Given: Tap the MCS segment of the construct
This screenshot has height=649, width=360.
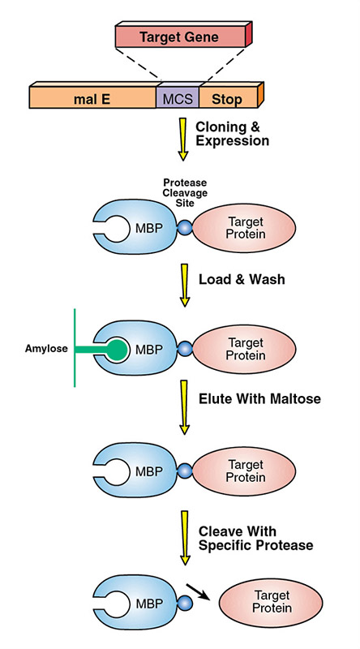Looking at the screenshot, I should (x=177, y=98).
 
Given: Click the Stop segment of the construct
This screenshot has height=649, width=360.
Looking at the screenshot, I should (x=227, y=98).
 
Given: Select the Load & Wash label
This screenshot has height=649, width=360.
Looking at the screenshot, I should (x=241, y=279).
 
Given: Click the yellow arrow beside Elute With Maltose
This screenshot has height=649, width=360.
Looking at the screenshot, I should (x=183, y=414).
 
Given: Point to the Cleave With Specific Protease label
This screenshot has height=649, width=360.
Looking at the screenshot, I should (x=255, y=537).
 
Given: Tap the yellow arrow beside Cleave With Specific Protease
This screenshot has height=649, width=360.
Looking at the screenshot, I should (x=183, y=539).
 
